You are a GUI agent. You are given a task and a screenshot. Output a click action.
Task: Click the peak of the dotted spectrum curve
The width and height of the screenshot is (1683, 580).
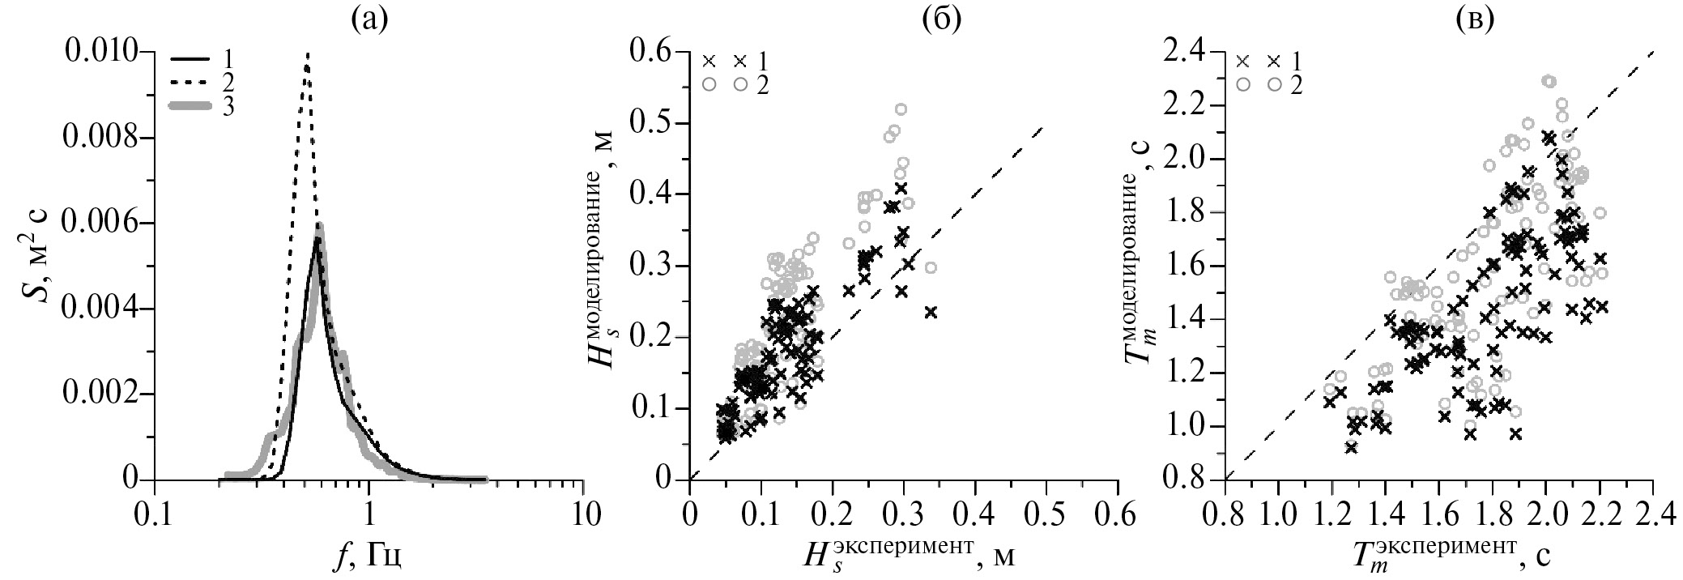point(307,54)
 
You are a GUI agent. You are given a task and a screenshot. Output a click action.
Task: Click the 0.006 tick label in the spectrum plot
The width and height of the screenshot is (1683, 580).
point(102,224)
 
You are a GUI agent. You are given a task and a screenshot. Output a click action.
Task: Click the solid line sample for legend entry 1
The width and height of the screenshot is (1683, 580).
point(189,59)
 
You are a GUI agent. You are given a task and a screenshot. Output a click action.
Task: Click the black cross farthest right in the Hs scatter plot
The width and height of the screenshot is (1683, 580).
point(931,312)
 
